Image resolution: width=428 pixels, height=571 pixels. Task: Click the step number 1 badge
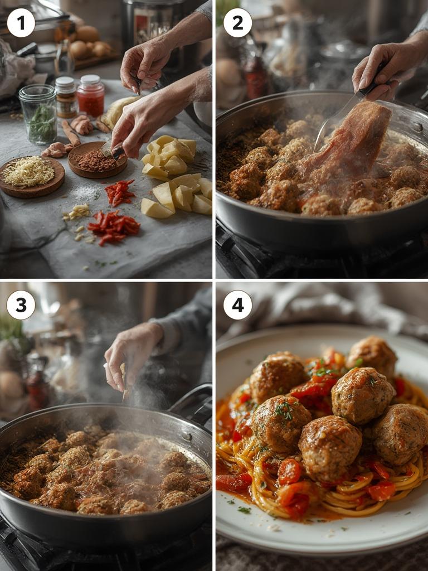tap(21, 23)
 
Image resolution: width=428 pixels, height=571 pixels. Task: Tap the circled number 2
tap(237, 23)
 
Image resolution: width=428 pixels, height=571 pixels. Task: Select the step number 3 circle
tap(21, 305)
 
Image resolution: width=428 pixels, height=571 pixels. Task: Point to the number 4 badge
tap(237, 305)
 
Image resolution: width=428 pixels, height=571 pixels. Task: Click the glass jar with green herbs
tap(38, 114)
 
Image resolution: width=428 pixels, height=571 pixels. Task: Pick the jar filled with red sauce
tap(90, 96)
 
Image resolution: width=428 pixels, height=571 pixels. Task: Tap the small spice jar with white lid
tap(66, 97)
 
